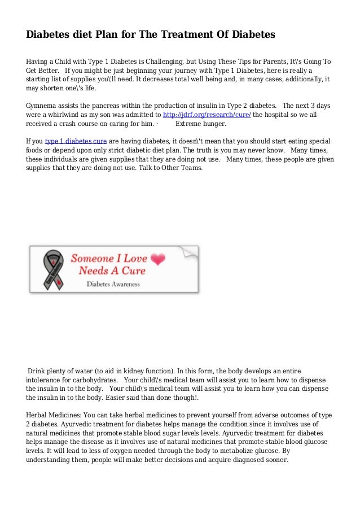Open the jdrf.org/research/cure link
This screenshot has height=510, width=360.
click(207, 115)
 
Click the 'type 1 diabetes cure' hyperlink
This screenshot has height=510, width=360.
click(76, 141)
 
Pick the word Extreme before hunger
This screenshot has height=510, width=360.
click(191, 123)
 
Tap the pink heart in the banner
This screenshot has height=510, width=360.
click(159, 259)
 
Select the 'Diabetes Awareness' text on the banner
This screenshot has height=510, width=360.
click(113, 284)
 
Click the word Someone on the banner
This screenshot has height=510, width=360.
click(93, 259)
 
